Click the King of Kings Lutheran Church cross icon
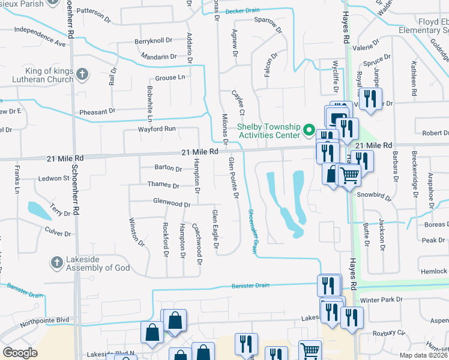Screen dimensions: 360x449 (83, 75)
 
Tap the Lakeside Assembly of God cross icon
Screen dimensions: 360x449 (56, 262)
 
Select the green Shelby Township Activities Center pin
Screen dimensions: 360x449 (309, 130)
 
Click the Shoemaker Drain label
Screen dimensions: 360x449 (252, 232)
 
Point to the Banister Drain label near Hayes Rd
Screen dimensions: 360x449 (249, 286)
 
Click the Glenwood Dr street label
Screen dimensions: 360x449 (172, 204)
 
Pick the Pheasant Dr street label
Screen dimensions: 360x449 (96, 112)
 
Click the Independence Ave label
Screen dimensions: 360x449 (40, 36)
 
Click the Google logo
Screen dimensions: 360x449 (20, 352)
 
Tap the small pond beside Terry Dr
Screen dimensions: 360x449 (39, 211)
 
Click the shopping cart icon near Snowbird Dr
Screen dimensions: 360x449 (349, 176)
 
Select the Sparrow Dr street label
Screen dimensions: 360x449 (268, 23)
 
